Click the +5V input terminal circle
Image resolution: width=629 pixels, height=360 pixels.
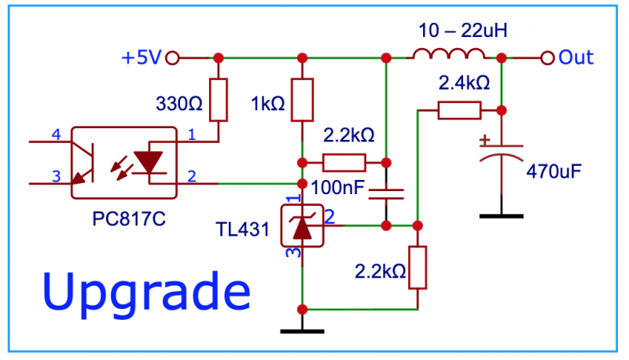pyautogui.click(x=172, y=57)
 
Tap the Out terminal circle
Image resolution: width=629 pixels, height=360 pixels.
pyautogui.click(x=547, y=57)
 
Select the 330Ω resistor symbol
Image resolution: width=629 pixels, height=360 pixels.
pyautogui.click(x=219, y=100)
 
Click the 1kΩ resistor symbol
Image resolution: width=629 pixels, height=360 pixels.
pyautogui.click(x=303, y=100)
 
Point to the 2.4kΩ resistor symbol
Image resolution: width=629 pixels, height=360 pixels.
pyautogui.click(x=459, y=110)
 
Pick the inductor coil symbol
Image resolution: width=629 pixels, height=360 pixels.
pyautogui.click(x=449, y=54)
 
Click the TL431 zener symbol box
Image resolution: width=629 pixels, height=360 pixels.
pyautogui.click(x=303, y=226)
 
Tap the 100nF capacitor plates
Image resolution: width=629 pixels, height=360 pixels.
pyautogui.click(x=386, y=194)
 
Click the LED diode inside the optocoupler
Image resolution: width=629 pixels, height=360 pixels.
pyautogui.click(x=149, y=163)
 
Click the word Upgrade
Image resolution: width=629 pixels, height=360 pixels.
pyautogui.click(x=146, y=292)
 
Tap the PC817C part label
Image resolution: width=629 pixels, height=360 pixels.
pyautogui.click(x=129, y=219)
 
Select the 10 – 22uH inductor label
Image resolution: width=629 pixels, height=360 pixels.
pyautogui.click(x=463, y=31)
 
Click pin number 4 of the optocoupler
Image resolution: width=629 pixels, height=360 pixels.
pyautogui.click(x=56, y=134)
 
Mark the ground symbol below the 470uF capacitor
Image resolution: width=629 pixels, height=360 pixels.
pyautogui.click(x=502, y=216)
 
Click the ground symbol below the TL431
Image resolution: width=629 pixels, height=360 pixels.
pyautogui.click(x=303, y=332)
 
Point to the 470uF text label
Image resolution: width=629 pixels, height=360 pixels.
pyautogui.click(x=554, y=171)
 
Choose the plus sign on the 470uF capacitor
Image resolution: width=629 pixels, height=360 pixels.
pyautogui.click(x=485, y=140)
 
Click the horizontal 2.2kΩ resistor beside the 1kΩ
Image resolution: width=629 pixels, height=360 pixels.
pyautogui.click(x=344, y=163)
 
